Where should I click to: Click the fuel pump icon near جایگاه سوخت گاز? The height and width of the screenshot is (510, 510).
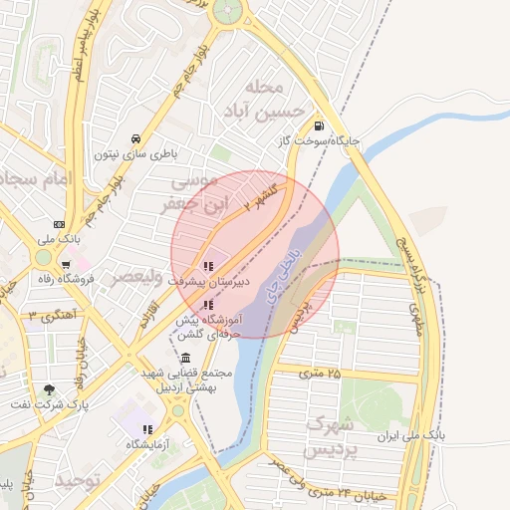click(x=318, y=126)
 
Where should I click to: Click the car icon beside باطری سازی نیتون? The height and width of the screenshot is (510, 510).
click(x=135, y=138)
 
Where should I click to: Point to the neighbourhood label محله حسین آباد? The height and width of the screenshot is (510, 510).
click(x=263, y=98)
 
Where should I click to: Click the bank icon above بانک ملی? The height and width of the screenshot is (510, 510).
click(x=59, y=224)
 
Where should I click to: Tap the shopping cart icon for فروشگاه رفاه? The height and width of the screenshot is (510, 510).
click(x=65, y=265)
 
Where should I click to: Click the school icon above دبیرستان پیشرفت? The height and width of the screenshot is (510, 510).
click(x=208, y=266)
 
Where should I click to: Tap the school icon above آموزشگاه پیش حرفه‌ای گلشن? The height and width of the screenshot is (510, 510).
click(x=208, y=305)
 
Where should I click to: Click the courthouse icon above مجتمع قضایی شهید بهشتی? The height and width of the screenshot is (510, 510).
click(x=186, y=358)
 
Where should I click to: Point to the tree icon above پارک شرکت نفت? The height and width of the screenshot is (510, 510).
click(x=49, y=389)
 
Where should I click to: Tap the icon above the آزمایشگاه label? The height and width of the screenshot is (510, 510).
click(x=146, y=429)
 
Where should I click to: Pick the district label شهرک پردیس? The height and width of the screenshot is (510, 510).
click(x=331, y=435)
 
